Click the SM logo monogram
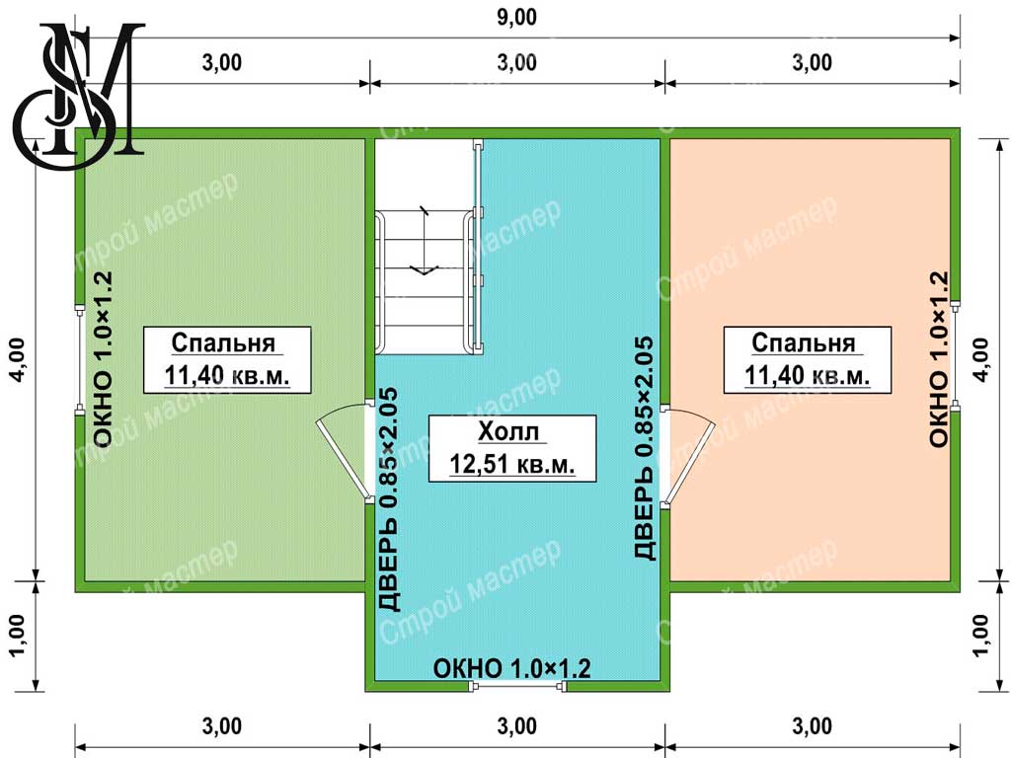click(77, 96)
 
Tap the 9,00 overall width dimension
click(516, 17)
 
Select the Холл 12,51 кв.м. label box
click(512, 449)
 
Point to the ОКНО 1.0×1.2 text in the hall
click(512, 668)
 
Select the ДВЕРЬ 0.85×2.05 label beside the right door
click(644, 448)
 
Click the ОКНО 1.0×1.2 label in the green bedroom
click(103, 358)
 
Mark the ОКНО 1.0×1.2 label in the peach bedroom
click(939, 358)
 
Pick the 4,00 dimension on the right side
click(980, 359)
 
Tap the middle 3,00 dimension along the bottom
click(517, 725)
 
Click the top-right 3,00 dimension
click(812, 62)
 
